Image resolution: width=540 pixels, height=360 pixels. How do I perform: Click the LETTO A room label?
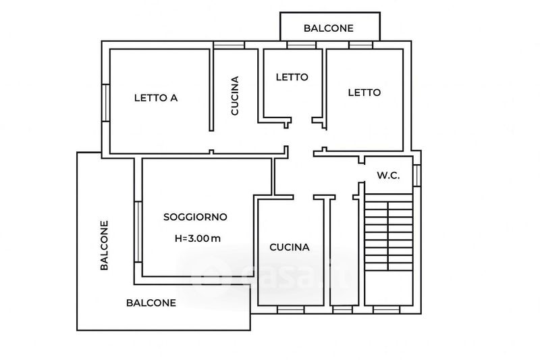[x=155, y=97]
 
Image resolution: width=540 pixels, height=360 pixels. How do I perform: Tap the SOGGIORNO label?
[x=195, y=217]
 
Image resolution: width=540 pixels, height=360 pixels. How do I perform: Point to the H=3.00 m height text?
[x=196, y=238]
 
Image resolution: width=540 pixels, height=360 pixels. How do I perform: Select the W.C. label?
[x=388, y=176]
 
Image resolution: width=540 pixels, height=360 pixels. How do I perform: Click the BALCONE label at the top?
[x=328, y=28]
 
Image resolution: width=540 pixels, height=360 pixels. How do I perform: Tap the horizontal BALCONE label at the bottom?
[x=151, y=303]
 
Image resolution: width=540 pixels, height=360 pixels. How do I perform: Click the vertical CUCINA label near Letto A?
[x=235, y=96]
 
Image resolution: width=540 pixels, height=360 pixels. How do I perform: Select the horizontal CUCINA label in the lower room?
[x=290, y=247]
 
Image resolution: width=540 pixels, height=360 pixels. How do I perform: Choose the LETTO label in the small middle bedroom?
[x=292, y=77]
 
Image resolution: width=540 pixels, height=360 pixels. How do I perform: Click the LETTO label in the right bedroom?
[x=364, y=93]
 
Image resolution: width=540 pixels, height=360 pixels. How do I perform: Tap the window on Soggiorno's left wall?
[x=137, y=232]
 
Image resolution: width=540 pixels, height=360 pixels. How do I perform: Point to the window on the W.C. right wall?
[x=418, y=175]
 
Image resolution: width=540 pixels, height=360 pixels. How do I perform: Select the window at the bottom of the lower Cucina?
[x=292, y=309]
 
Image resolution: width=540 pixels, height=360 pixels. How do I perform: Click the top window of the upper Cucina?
[x=229, y=45]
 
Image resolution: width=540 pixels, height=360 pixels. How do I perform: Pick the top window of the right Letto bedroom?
[x=360, y=45]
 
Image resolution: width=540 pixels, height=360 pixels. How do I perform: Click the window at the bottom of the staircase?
[x=387, y=309]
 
